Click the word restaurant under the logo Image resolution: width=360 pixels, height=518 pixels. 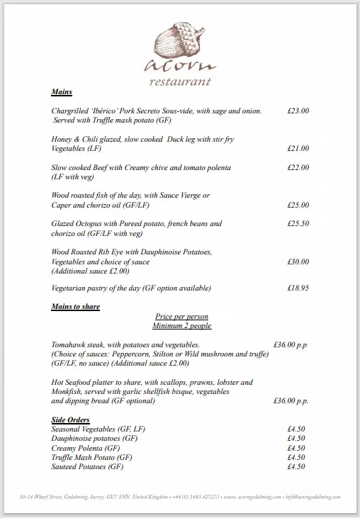point(180,81)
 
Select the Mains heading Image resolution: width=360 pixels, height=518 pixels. point(62,93)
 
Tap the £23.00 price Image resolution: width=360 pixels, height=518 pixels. point(298,111)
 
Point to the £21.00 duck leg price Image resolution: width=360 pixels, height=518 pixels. point(298,149)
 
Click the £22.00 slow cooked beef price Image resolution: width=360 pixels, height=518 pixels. point(298,168)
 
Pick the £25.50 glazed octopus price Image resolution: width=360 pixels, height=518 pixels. point(298,224)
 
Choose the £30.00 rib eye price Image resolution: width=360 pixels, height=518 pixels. point(298,261)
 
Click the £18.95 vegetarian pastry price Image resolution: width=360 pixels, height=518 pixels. point(298,288)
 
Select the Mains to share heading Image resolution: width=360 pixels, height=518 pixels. point(75,307)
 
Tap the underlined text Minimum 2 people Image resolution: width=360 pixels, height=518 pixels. point(181,326)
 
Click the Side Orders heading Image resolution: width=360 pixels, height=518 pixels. point(70,420)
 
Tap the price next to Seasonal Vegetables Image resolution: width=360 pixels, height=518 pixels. point(296,429)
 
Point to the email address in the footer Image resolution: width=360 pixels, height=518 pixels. point(315,497)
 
